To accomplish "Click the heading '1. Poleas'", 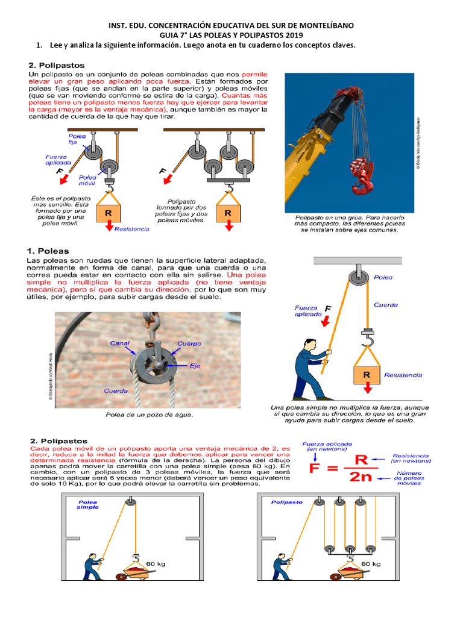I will click(x=49, y=251).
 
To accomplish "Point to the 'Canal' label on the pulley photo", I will click(x=119, y=343).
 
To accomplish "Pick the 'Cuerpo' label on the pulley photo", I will click(x=189, y=343).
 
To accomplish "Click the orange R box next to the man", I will click(x=366, y=374).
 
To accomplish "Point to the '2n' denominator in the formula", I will click(x=360, y=477).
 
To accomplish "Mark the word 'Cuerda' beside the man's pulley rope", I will click(x=385, y=305).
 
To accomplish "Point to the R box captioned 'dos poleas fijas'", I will click(x=228, y=213).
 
